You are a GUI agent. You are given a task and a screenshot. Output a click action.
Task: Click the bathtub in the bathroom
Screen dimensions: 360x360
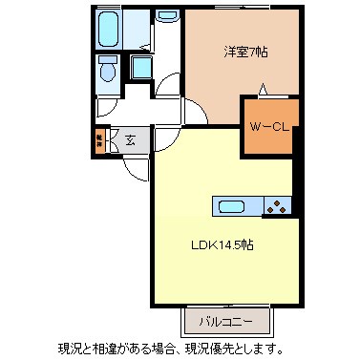[x=109, y=31]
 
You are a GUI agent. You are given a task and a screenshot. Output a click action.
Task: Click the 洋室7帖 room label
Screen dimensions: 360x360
[x=245, y=53]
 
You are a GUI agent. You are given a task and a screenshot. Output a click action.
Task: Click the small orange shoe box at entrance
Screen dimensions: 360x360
[x=99, y=141]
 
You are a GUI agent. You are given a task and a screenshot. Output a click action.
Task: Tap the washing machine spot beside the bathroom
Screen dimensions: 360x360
[x=168, y=15]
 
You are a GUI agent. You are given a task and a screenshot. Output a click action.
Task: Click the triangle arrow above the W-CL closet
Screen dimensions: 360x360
[x=265, y=92]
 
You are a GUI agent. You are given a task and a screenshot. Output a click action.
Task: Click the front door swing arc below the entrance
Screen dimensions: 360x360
[x=137, y=170]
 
